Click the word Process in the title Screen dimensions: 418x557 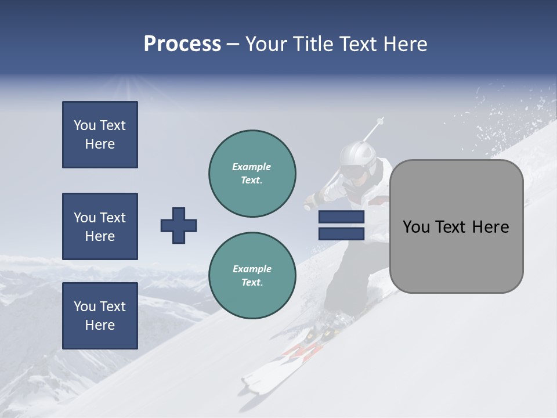tap(182, 44)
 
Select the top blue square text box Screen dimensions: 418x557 tap(100, 135)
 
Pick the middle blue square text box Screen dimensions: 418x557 tap(100, 226)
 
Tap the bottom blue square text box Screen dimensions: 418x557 tap(100, 316)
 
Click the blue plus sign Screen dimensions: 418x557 tap(179, 225)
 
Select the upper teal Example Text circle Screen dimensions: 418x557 tap(252, 174)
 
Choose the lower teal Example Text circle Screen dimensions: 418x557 tap(252, 275)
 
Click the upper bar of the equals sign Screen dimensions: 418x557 tap(341, 217)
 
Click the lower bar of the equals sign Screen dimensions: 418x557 tap(341, 233)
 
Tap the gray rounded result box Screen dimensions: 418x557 tap(456, 226)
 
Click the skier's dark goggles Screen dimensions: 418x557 tap(352, 172)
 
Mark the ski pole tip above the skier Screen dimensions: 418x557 tap(380, 121)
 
